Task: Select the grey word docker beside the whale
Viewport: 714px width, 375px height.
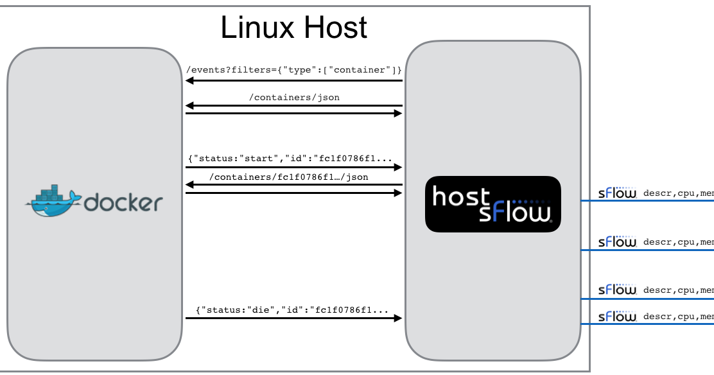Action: click(123, 204)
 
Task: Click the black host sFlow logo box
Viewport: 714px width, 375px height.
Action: click(492, 204)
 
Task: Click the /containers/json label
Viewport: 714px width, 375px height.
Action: click(294, 98)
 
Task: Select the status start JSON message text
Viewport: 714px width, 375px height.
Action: click(290, 158)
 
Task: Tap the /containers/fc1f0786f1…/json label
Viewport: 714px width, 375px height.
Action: click(289, 177)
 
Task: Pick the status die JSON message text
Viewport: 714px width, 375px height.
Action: click(292, 310)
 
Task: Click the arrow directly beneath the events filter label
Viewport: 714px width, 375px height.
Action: click(293, 81)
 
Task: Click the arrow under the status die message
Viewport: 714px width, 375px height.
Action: click(293, 318)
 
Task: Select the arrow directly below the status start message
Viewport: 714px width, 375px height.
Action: click(293, 168)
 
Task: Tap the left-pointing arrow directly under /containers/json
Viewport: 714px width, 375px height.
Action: click(293, 105)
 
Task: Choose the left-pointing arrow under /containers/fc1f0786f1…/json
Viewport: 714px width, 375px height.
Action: click(293, 185)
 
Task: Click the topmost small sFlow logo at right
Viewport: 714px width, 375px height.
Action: click(616, 193)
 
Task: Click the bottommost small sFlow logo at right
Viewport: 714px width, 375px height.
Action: click(616, 317)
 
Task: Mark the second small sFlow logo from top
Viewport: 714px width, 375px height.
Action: click(616, 242)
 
